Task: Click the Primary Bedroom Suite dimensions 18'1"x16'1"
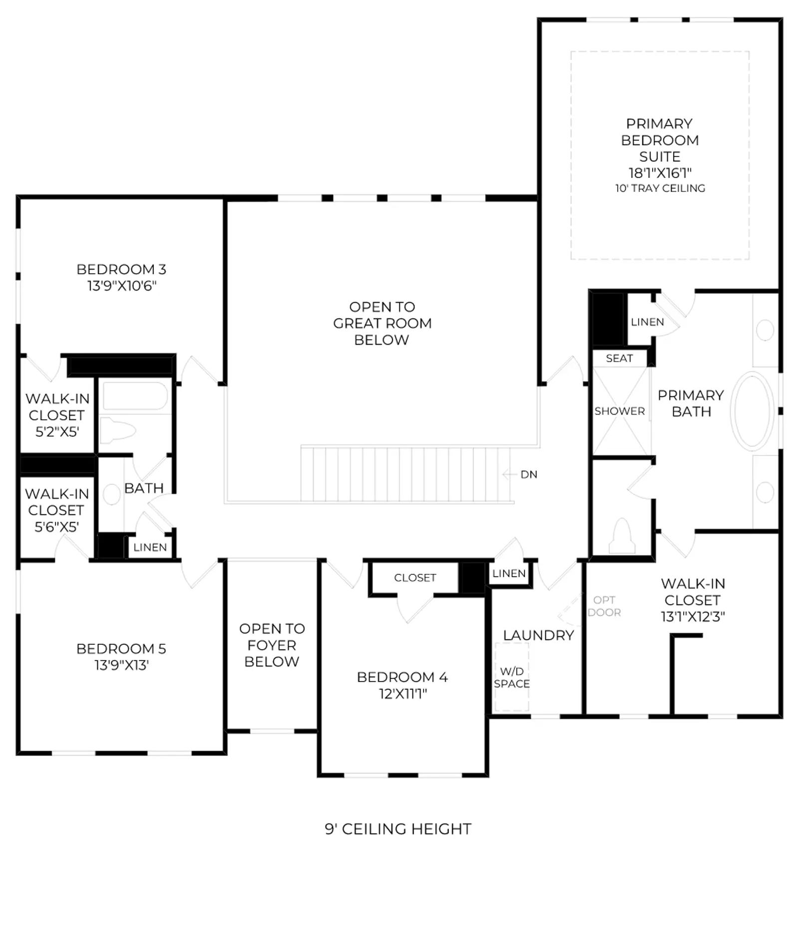[x=660, y=173]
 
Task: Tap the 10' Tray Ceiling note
[x=660, y=188]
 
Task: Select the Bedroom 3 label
[x=121, y=269]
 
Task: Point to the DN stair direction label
[x=529, y=474]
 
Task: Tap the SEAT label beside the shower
[x=619, y=358]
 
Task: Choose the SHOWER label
[x=620, y=411]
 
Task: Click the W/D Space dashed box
[x=512, y=677]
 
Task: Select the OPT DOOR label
[x=604, y=606]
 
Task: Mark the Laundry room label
[x=538, y=635]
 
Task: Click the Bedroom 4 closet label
[x=415, y=578]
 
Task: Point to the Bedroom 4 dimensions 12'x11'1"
[x=403, y=694]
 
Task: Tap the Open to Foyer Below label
[x=272, y=645]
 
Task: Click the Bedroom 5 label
[x=121, y=649]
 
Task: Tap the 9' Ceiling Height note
[x=398, y=829]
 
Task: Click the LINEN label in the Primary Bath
[x=647, y=322]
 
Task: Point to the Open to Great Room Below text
[x=382, y=323]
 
